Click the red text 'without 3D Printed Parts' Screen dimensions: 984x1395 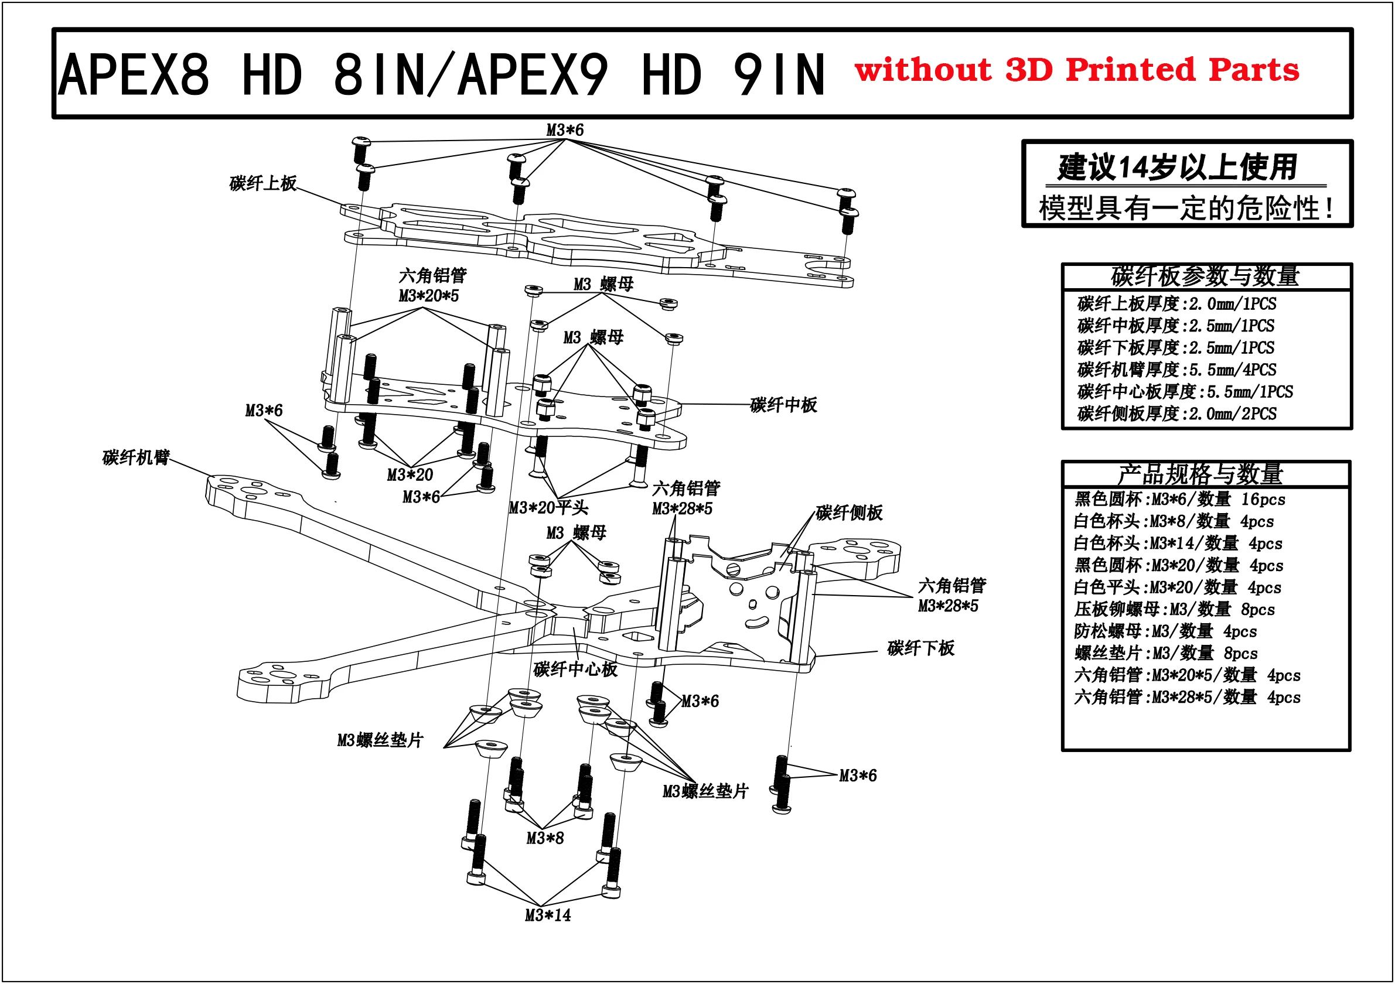[x=1076, y=70]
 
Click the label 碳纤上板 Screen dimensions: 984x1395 [x=262, y=183]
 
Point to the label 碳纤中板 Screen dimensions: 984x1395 [x=783, y=405]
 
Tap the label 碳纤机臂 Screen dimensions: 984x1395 [x=135, y=457]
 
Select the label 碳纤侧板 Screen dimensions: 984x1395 [x=848, y=512]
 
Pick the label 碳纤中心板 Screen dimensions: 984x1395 [x=575, y=669]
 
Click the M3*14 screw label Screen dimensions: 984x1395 [x=547, y=915]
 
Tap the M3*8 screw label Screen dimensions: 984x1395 [x=544, y=838]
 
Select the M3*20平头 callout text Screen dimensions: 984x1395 [x=548, y=508]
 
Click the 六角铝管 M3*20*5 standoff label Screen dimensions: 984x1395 [x=432, y=285]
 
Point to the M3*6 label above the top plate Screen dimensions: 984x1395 [x=564, y=130]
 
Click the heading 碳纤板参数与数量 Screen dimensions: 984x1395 [x=1205, y=276]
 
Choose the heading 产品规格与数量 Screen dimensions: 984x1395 [x=1200, y=474]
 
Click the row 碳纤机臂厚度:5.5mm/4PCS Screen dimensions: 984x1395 [x=1176, y=370]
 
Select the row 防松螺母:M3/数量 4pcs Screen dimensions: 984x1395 [x=1165, y=631]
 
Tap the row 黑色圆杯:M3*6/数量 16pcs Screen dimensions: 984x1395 [x=1179, y=499]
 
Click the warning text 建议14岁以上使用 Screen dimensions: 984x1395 [x=1177, y=167]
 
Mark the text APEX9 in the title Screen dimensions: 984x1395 [x=533, y=75]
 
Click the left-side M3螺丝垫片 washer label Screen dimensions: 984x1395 [x=380, y=740]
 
